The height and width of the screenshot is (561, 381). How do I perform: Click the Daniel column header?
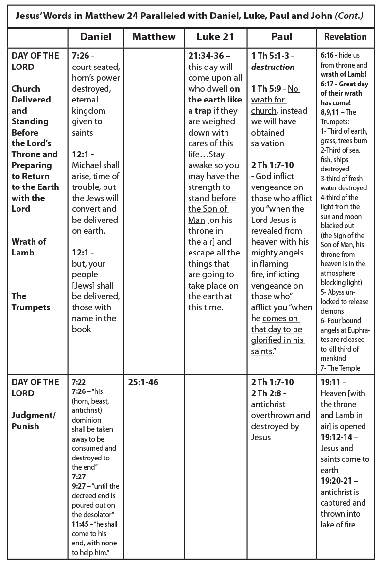[96, 37]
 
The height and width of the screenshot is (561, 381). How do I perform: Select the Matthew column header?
[154, 37]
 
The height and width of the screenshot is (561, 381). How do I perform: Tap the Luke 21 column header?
[215, 37]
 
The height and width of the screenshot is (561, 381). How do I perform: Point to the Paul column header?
[281, 37]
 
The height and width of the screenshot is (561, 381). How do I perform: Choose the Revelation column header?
[345, 37]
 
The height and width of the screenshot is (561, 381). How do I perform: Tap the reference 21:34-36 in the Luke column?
[207, 56]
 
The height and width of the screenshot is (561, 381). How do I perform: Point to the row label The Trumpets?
[31, 301]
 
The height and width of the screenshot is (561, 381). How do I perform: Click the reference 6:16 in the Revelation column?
[327, 56]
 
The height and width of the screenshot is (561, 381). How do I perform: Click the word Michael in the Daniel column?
[87, 165]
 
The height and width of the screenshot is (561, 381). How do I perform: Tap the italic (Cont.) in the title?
[349, 15]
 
